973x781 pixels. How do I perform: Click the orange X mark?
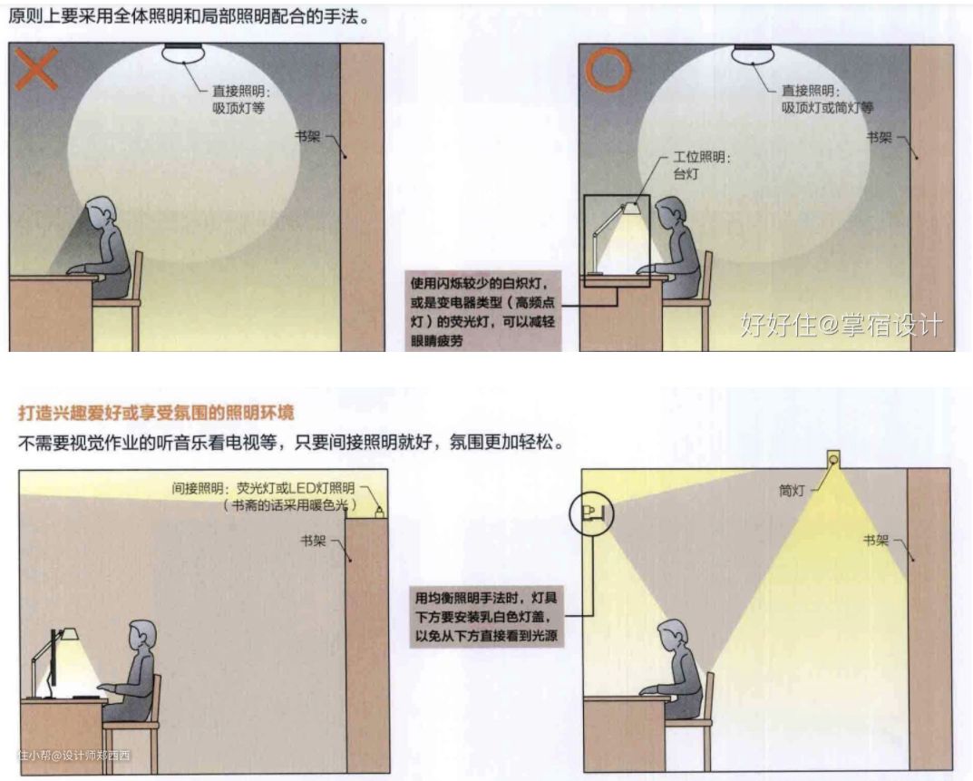tap(36, 69)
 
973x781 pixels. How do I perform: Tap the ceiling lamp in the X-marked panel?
tap(184, 54)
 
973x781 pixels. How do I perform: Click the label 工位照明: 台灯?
tap(702, 165)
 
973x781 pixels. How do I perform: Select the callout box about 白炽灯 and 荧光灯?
tap(482, 311)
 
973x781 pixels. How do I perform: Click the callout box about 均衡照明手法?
tap(486, 617)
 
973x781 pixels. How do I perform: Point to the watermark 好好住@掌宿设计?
tap(842, 324)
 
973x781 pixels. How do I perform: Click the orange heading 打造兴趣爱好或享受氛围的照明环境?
tap(156, 413)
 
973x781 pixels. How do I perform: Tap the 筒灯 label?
tap(792, 491)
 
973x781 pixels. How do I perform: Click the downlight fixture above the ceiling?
tap(832, 459)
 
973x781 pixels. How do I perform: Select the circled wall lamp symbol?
tap(590, 513)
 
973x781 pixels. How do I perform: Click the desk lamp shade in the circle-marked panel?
tap(631, 207)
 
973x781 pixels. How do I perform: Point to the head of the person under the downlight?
tap(673, 637)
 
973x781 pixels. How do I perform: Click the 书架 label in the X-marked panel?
tap(307, 136)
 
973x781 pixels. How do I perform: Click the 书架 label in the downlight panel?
tap(876, 540)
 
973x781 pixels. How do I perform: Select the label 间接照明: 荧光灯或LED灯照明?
tap(263, 489)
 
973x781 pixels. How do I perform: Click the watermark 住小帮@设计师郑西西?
tap(74, 756)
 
